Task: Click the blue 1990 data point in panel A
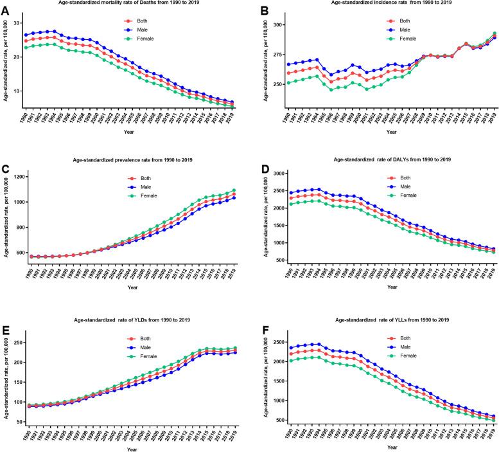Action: point(26,35)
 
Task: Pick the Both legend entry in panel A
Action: point(147,20)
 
